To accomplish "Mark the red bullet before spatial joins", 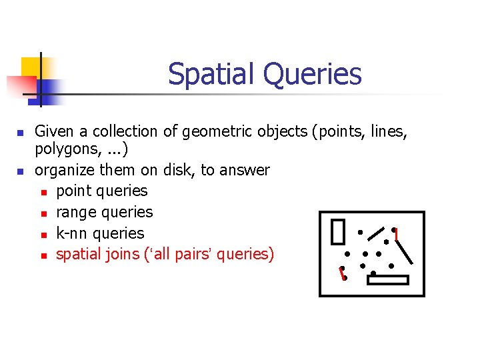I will tap(43, 255).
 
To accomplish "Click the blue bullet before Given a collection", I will tap(21, 133).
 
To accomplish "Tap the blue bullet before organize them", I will tap(21, 171).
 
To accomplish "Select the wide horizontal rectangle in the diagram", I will tap(387, 280).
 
